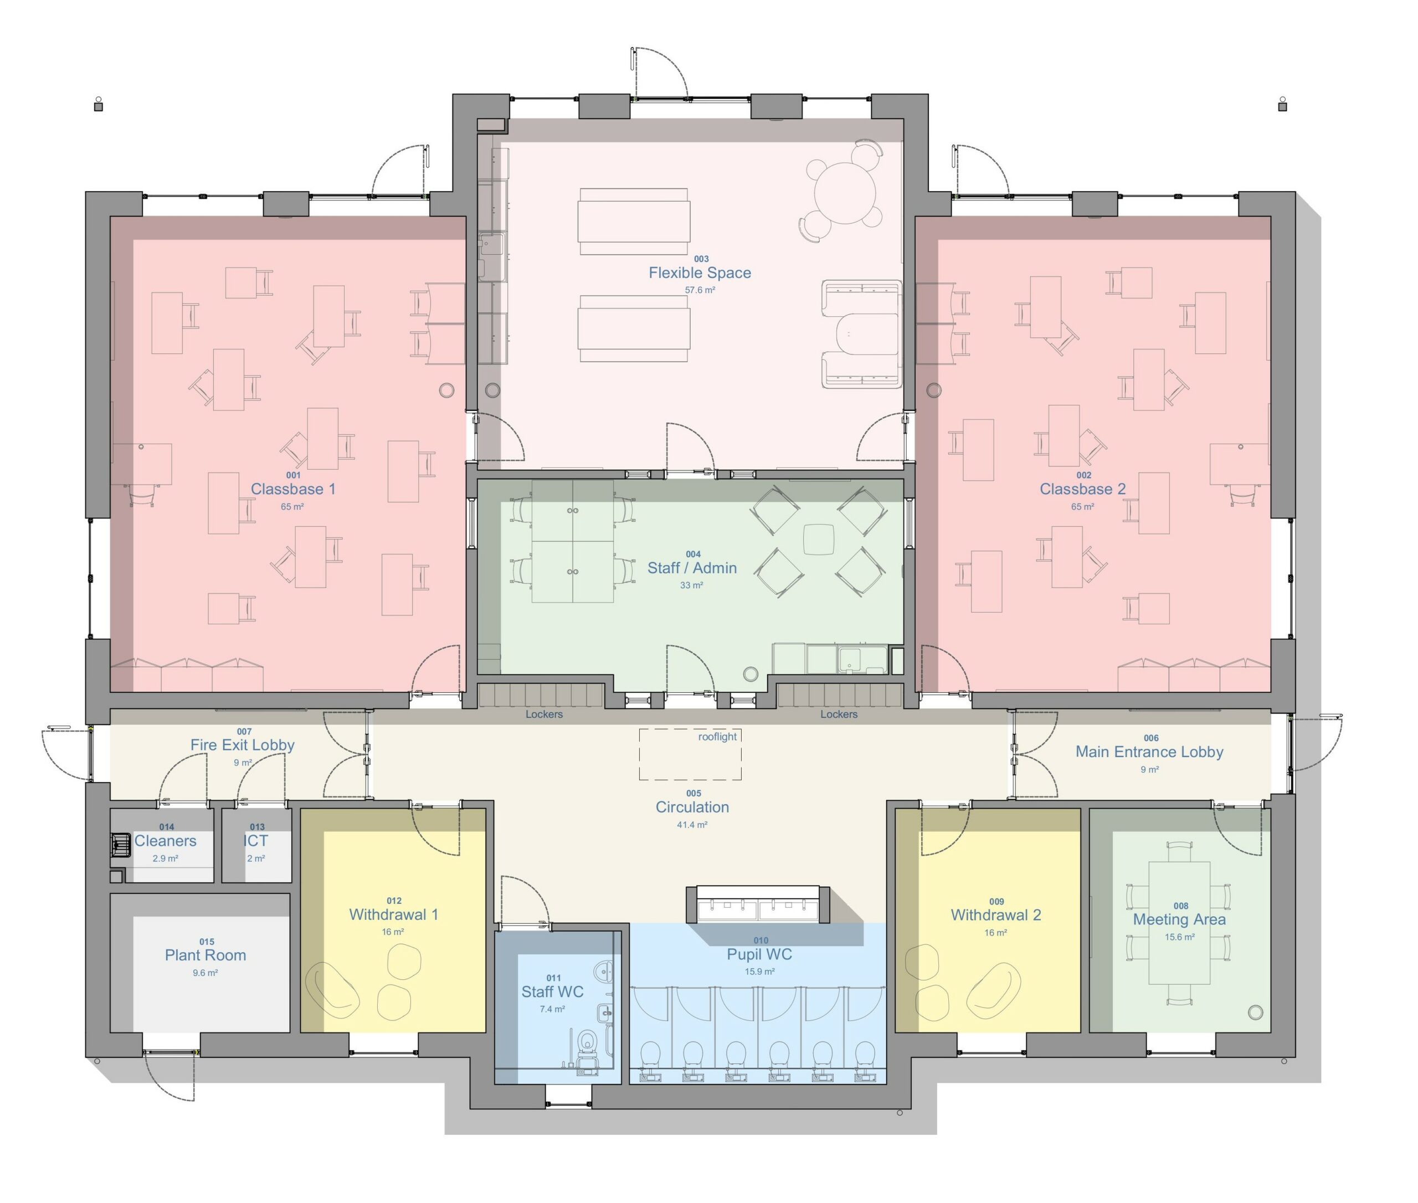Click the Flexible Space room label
coord(699,273)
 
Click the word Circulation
coord(692,807)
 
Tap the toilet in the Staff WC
coord(587,1044)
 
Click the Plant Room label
coord(205,955)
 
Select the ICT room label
coord(256,841)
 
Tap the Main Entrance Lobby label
coord(1149,752)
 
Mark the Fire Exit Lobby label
coord(242,745)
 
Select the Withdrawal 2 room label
coord(996,914)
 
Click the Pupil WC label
coord(759,954)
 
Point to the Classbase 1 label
coord(292,489)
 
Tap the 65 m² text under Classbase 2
coord(1082,507)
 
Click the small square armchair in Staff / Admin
coord(819,539)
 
